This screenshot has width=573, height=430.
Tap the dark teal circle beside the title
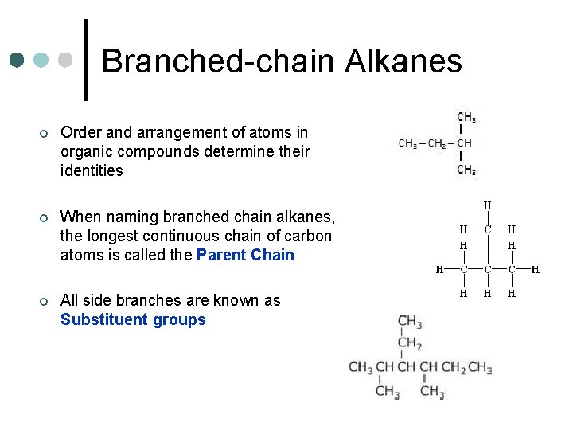[18, 61]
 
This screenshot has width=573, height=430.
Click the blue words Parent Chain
[245, 256]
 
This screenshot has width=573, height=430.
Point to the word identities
[92, 170]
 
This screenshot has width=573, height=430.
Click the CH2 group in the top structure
[437, 144]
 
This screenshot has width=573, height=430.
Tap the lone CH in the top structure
[465, 144]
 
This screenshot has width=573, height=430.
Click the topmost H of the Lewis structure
[487, 205]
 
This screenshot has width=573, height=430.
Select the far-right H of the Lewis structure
[535, 269]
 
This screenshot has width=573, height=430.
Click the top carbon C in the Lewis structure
[487, 229]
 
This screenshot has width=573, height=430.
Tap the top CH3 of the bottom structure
[410, 322]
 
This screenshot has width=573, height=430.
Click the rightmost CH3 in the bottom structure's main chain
[480, 367]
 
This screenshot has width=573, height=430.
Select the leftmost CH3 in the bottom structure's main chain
[361, 367]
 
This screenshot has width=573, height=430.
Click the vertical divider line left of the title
[86, 61]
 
